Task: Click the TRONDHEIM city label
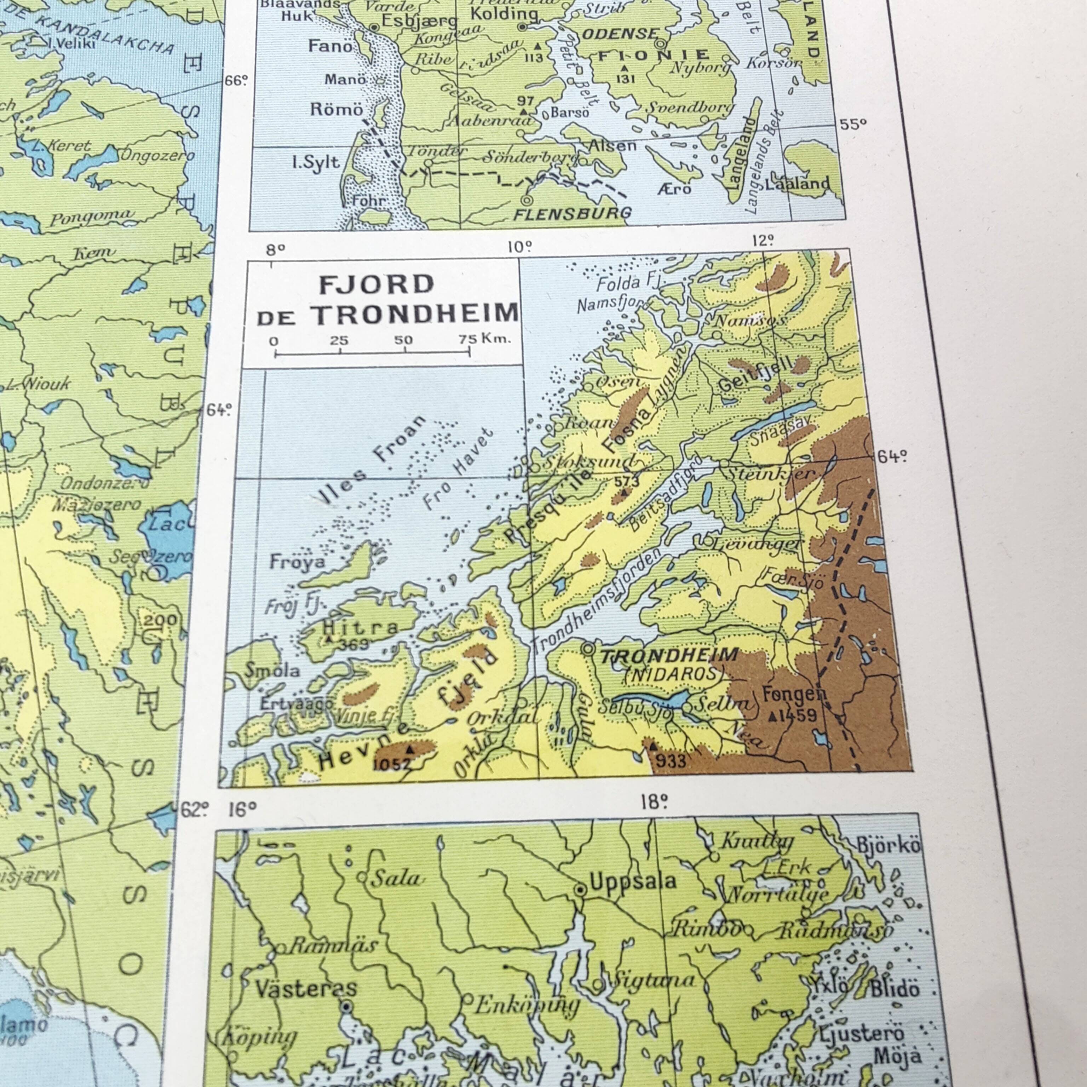[x=668, y=655]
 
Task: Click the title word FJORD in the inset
[x=376, y=285]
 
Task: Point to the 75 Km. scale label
[x=484, y=339]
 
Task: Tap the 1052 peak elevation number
[x=392, y=764]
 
